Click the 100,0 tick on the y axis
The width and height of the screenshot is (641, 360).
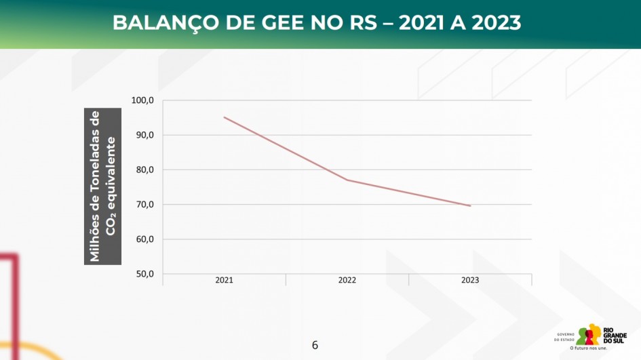pyautogui.click(x=142, y=100)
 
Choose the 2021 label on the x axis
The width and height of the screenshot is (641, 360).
pyautogui.click(x=225, y=280)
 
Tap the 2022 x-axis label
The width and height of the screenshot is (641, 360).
pyautogui.click(x=347, y=280)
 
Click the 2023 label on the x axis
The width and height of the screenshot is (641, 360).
pyautogui.click(x=470, y=280)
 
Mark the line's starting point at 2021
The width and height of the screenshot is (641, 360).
pyautogui.click(x=225, y=117)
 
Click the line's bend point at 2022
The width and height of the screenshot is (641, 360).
pyautogui.click(x=347, y=180)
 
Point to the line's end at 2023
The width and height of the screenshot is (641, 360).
pyautogui.click(x=470, y=205)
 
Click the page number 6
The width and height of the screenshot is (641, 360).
pyautogui.click(x=315, y=345)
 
